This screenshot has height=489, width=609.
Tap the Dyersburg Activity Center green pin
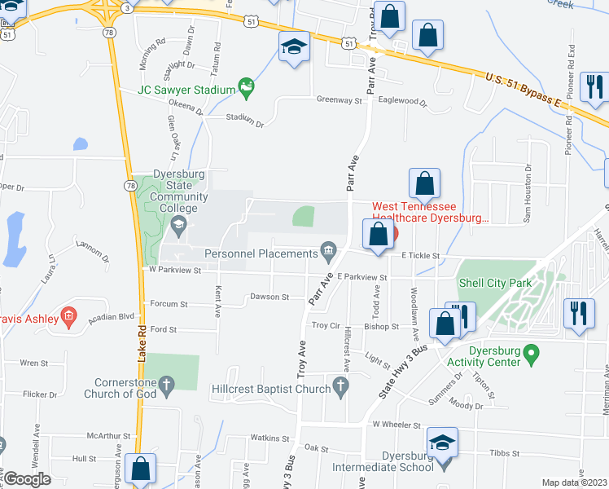coord(532,355)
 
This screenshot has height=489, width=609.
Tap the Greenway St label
coord(339,100)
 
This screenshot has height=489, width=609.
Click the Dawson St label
coord(269,297)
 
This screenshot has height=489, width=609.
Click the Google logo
coord(27,479)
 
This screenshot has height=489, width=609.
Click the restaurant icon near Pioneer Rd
coord(594,85)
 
